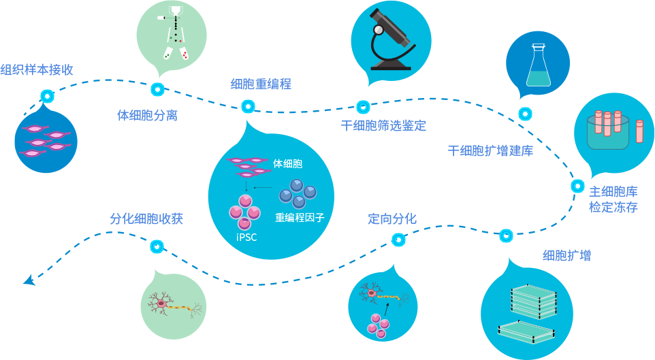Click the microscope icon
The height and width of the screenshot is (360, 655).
click(391, 40)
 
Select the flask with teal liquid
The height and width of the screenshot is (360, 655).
click(538, 66)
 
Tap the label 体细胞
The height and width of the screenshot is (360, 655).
click(287, 164)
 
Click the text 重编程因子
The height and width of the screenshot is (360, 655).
click(300, 218)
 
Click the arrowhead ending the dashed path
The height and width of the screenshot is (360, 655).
click(29, 280)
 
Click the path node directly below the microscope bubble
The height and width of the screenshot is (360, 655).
click(364, 107)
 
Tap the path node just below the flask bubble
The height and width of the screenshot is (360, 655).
click(526, 114)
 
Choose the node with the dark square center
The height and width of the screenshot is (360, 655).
click(577, 186)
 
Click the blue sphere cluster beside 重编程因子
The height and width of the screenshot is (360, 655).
click(298, 193)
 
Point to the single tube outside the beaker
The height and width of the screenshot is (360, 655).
click(639, 131)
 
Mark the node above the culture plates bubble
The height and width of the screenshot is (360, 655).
click(506, 235)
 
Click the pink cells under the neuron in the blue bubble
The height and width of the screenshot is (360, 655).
click(377, 325)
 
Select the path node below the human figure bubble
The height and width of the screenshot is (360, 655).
click(157, 89)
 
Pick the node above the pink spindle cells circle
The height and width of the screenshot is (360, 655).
click(47, 97)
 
